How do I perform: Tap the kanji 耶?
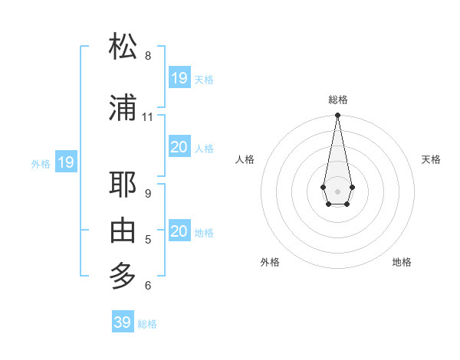123,185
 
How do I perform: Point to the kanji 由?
123,230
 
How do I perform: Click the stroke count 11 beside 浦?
148,117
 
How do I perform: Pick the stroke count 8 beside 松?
148,56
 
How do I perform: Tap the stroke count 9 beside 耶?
148,194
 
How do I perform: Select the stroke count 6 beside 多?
148,286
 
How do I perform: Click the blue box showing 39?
123,322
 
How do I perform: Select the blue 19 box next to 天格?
179,78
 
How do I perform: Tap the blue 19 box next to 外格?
66,162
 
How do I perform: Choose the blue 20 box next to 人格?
179,147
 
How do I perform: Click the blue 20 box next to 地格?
179,231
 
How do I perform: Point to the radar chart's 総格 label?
338,100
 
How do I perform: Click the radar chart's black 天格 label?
431,159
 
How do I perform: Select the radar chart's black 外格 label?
270,262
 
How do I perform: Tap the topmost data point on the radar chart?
337,116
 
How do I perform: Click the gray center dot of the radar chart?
337,190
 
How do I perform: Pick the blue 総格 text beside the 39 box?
147,324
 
